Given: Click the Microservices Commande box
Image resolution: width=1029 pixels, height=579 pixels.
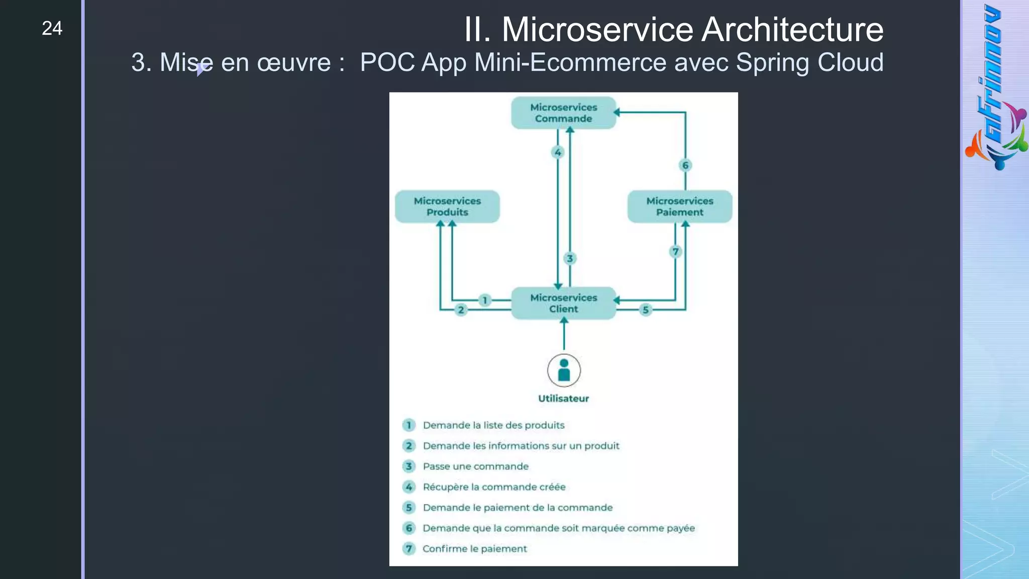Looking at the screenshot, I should (x=563, y=113).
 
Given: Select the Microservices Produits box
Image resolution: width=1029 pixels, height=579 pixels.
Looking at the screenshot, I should (x=447, y=207).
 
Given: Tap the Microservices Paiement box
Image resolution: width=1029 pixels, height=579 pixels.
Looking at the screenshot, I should (x=679, y=207).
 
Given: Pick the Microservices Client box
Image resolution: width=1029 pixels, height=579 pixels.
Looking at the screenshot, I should (x=563, y=303).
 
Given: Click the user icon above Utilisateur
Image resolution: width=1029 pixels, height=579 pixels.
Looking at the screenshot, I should (x=564, y=370).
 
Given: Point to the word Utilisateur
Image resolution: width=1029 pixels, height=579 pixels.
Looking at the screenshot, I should (x=563, y=399).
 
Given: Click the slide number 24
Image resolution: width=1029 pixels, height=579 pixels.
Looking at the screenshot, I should (x=52, y=28).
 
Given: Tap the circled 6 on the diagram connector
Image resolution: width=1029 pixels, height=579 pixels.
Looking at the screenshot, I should (x=685, y=165).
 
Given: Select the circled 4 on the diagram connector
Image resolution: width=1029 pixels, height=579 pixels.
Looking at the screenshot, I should (x=558, y=152).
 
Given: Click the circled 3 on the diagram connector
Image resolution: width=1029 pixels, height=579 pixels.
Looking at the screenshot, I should (x=570, y=258).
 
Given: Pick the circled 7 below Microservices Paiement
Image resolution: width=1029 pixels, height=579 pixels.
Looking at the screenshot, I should (x=676, y=251).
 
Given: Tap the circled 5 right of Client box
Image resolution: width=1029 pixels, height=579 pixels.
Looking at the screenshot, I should (x=646, y=310).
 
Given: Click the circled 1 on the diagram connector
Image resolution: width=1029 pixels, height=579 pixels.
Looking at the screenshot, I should (x=485, y=300).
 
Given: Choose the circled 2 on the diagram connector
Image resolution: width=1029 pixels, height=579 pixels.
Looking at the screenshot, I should (x=461, y=310).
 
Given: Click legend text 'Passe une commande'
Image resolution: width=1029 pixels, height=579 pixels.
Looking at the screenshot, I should (x=475, y=466).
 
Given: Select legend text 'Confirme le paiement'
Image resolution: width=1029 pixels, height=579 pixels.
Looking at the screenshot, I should (x=474, y=549).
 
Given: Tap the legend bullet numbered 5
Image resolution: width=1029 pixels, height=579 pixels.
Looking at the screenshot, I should (x=409, y=508).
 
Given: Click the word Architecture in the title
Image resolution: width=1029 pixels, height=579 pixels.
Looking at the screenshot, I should (x=792, y=30).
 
